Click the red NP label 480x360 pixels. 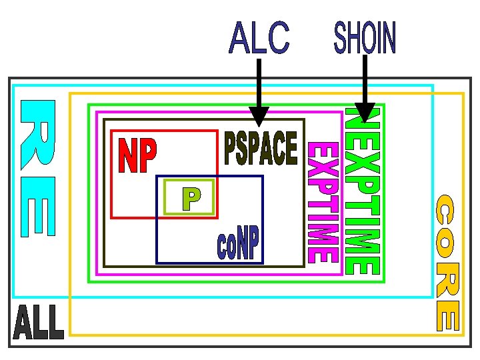(x=137, y=155)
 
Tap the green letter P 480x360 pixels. (x=191, y=199)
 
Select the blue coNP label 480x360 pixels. (x=238, y=243)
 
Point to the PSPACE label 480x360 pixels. (x=261, y=148)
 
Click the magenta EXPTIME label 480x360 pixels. (x=323, y=203)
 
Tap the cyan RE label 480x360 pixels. (x=38, y=169)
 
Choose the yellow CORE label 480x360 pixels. (x=448, y=263)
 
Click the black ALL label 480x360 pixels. (x=39, y=322)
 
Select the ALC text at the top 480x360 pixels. (x=259, y=37)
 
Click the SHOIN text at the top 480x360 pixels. (x=365, y=37)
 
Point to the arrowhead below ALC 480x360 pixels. (x=259, y=117)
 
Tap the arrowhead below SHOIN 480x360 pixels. (x=365, y=113)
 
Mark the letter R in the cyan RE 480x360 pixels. (x=38, y=135)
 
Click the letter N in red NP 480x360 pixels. (x=128, y=155)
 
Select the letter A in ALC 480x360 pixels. (x=239, y=37)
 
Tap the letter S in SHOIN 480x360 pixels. (x=340, y=37)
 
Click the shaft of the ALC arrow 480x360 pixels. (x=259, y=83)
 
